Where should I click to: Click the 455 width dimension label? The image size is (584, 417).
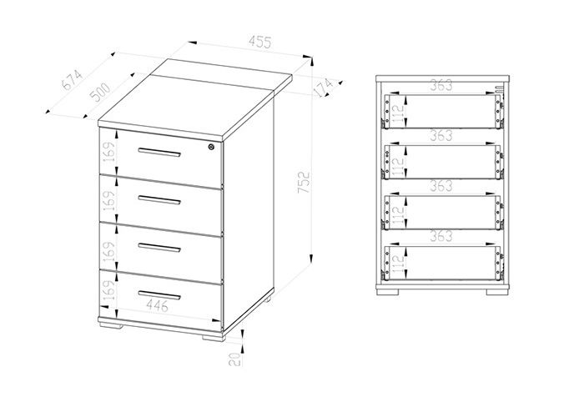click(260, 42)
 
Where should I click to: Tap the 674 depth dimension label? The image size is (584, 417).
click(72, 80)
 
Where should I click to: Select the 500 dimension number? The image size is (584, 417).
click(100, 93)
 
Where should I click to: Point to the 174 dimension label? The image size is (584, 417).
click(324, 87)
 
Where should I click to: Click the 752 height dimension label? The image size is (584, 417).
click(304, 182)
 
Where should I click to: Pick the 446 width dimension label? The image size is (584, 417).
click(157, 306)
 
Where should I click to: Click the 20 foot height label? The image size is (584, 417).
click(234, 359)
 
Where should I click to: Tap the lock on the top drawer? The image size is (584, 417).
click(211, 147)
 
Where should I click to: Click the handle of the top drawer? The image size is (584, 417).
click(159, 153)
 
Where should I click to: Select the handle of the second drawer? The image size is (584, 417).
click(159, 200)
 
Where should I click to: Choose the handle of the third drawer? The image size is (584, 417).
click(159, 248)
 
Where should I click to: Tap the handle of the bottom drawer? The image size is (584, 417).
click(159, 295)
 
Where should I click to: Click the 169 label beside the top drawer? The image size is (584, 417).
click(109, 152)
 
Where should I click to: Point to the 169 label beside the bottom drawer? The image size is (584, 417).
click(109, 291)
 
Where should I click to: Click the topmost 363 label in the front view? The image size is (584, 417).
click(441, 85)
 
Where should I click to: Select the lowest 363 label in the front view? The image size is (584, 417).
click(441, 236)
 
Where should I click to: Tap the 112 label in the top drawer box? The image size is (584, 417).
click(398, 111)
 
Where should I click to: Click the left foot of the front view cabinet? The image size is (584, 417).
click(387, 292)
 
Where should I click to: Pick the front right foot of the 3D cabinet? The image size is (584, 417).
click(214, 338)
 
